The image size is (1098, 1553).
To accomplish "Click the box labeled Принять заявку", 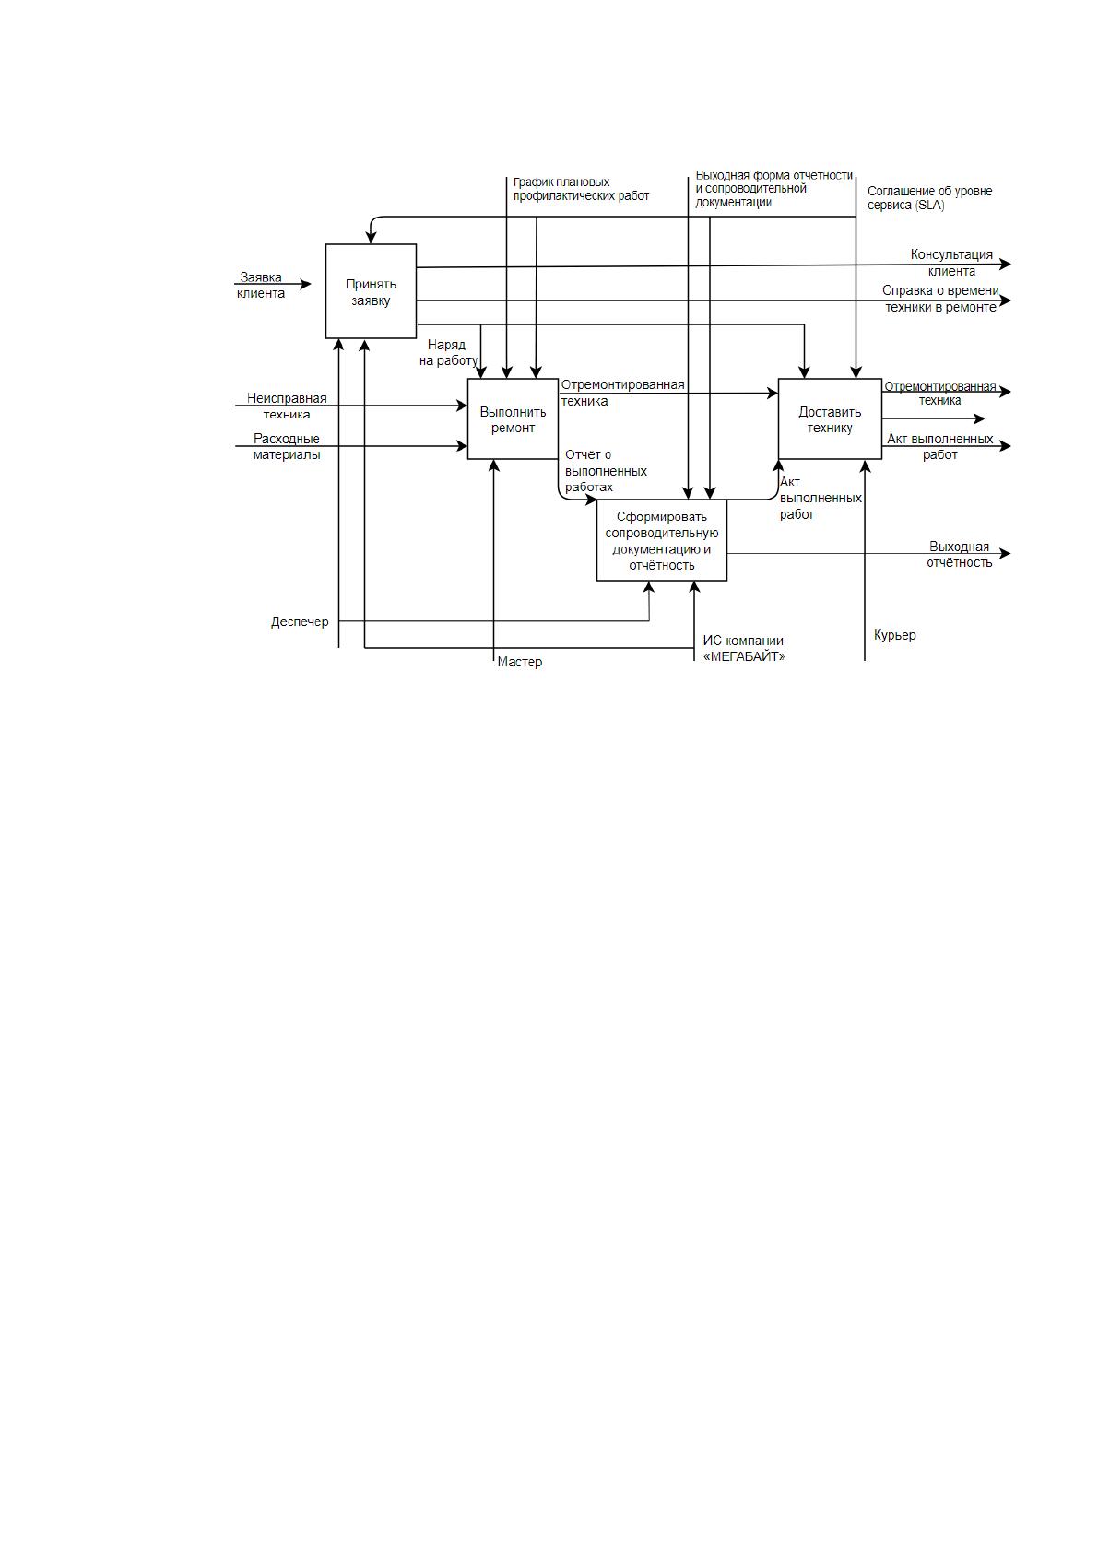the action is pyautogui.click(x=371, y=291).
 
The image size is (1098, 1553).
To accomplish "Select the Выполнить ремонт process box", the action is pyautogui.click(x=513, y=418).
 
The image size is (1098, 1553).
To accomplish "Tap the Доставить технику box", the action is pyautogui.click(x=830, y=418).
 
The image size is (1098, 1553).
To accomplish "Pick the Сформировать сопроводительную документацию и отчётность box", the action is pyautogui.click(x=662, y=540).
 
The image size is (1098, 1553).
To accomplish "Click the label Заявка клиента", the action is pyautogui.click(x=261, y=285).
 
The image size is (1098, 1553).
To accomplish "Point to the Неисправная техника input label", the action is pyautogui.click(x=287, y=406).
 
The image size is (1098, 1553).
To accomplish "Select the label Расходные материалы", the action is pyautogui.click(x=287, y=446).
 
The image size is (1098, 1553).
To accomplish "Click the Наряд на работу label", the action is pyautogui.click(x=448, y=352).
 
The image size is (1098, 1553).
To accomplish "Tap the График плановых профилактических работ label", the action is pyautogui.click(x=581, y=189).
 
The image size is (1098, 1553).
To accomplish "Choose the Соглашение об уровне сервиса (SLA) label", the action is pyautogui.click(x=929, y=197).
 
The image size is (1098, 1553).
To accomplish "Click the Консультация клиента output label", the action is pyautogui.click(x=951, y=263).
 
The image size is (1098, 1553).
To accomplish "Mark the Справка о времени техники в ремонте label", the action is pyautogui.click(x=940, y=299).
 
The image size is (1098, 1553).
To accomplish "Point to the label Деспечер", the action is pyautogui.click(x=300, y=622).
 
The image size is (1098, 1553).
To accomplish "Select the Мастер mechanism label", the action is pyautogui.click(x=520, y=662).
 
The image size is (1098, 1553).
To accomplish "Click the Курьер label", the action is pyautogui.click(x=895, y=635).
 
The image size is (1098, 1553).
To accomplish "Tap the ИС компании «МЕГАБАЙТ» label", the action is pyautogui.click(x=744, y=648).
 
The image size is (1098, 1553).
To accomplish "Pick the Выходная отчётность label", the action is pyautogui.click(x=960, y=555).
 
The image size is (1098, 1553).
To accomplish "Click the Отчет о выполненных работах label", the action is pyautogui.click(x=606, y=471).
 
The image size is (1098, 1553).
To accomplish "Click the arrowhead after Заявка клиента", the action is pyautogui.click(x=305, y=284).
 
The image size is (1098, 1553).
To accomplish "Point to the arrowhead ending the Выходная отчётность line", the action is pyautogui.click(x=1004, y=553).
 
